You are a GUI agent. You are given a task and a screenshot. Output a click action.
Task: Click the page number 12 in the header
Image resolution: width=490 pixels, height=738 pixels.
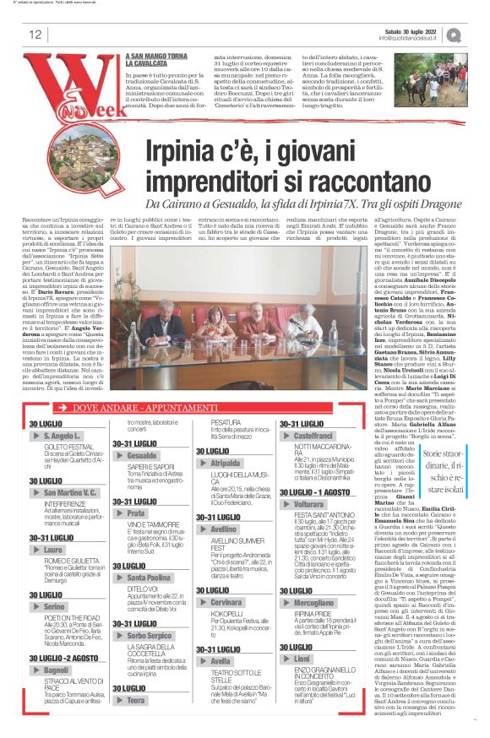35,35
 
